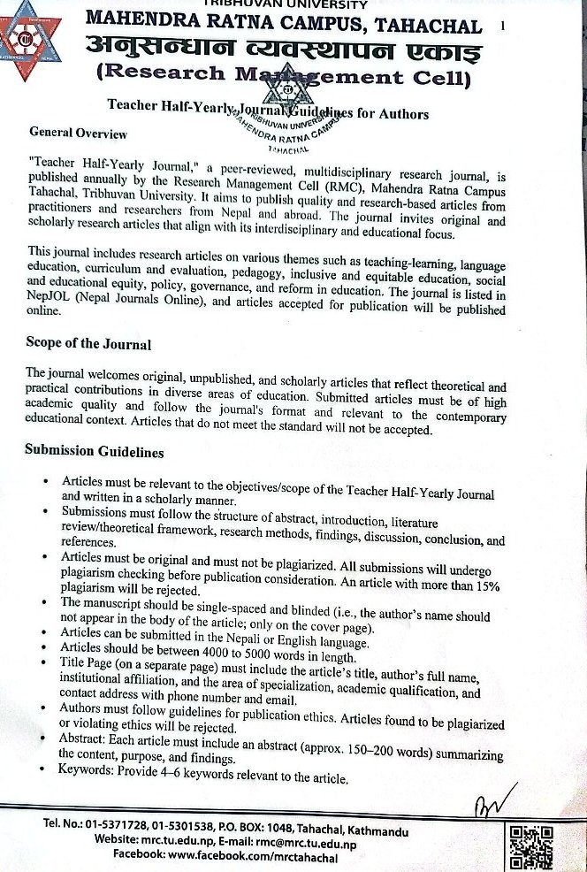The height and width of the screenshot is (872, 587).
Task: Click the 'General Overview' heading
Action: (x=78, y=134)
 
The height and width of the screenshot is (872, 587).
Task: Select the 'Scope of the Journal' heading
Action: (x=88, y=344)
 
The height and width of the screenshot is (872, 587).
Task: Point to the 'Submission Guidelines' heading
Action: (x=94, y=451)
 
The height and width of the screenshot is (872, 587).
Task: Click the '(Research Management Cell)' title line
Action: (x=283, y=79)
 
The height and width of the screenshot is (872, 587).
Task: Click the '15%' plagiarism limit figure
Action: (x=484, y=586)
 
